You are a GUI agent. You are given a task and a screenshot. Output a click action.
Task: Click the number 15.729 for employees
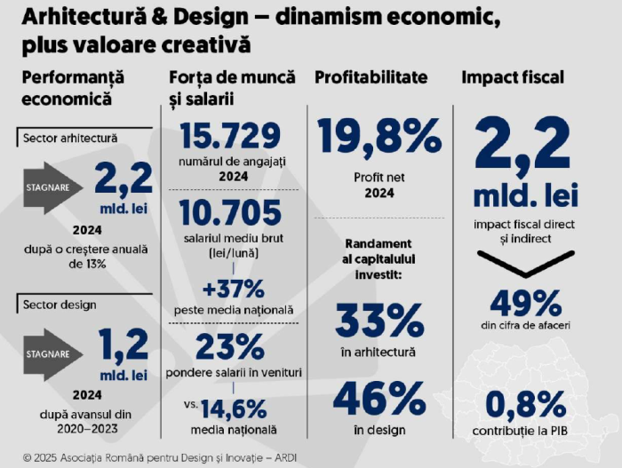pyautogui.click(x=231, y=136)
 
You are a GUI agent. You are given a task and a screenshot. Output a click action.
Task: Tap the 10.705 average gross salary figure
pyautogui.click(x=231, y=214)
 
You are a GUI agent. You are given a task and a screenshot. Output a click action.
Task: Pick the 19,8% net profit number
pyautogui.click(x=379, y=137)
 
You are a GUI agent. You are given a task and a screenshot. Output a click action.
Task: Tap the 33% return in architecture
pyautogui.click(x=379, y=321)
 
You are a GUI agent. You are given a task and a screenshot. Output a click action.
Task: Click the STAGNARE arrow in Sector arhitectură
pyautogui.click(x=53, y=187)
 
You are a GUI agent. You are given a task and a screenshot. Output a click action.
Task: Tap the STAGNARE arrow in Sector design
pyautogui.click(x=53, y=353)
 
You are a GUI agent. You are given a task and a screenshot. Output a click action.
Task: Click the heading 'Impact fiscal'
pyautogui.click(x=512, y=78)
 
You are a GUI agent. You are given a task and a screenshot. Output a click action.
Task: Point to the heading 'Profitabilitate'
pyautogui.click(x=371, y=78)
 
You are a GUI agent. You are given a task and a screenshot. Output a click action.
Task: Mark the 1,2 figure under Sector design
pyautogui.click(x=124, y=344)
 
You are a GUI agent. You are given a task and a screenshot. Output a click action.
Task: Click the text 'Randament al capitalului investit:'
pyautogui.click(x=379, y=258)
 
